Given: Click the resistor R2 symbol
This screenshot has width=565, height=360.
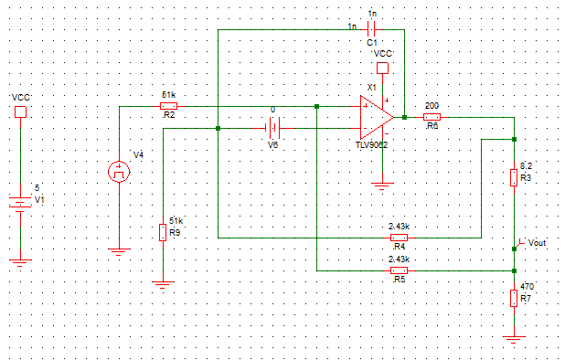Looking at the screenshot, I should point(169,106).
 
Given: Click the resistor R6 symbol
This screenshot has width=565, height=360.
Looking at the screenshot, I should point(432,117).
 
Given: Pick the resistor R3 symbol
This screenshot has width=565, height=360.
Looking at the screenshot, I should point(514,177).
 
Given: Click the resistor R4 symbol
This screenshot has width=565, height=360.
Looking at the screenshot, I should point(399,237).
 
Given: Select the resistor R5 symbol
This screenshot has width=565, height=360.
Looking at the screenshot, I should point(399,270).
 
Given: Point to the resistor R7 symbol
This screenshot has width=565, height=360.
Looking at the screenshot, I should point(514,298).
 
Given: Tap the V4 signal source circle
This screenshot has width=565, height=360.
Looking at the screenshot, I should point(119,172).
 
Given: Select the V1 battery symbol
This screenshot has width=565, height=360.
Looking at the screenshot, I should point(19,203).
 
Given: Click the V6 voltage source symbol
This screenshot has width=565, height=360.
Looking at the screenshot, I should point(272,129).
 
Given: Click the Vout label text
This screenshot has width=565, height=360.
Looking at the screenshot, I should point(538,243).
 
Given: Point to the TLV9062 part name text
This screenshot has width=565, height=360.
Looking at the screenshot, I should point(372,145).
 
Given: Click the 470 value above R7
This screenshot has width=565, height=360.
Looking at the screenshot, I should point(527,286).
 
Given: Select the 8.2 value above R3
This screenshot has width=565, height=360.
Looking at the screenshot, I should point(526,165).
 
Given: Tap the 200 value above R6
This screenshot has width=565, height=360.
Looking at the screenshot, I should point(432,105).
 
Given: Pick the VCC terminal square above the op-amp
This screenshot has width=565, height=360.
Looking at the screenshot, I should point(383,69).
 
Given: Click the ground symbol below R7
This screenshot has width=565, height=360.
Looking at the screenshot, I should point(514,337).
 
